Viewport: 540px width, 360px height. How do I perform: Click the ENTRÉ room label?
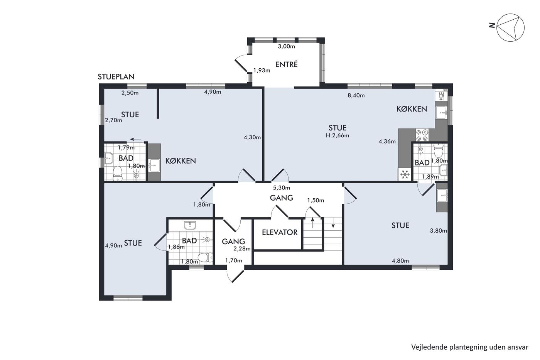click(286, 64)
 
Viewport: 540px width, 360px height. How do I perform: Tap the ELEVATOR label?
click(280, 232)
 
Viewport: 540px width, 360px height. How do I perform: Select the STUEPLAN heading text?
click(116, 77)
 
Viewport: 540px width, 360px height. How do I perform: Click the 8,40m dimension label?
click(356, 95)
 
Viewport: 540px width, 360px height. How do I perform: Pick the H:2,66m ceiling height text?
click(337, 135)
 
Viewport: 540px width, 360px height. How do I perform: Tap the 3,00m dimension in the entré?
click(286, 47)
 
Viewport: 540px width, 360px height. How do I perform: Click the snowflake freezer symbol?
click(405, 174)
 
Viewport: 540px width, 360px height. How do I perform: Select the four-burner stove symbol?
click(422, 135)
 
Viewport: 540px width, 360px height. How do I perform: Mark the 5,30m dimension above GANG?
click(282, 188)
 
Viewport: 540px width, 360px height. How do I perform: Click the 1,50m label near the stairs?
click(316, 200)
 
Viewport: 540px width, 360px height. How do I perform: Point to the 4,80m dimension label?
click(400, 261)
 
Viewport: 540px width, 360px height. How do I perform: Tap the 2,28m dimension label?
click(242, 248)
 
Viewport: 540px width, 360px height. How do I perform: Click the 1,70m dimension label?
click(234, 260)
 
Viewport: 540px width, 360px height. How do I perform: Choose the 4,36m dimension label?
click(387, 142)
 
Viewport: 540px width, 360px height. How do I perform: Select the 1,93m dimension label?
click(262, 70)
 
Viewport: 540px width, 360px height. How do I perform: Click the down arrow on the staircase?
click(333, 223)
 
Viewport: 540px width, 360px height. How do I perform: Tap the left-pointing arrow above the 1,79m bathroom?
click(135, 139)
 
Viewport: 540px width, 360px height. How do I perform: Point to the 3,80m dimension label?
click(439, 231)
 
